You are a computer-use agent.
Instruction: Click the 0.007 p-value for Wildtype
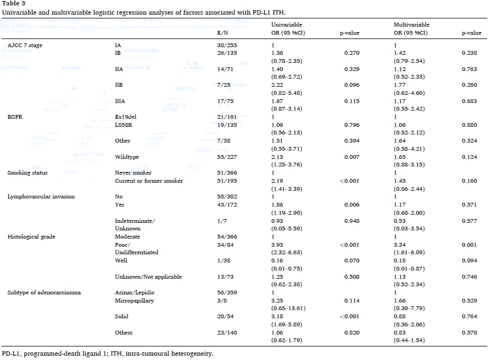(x=352, y=157)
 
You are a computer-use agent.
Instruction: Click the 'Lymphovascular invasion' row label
(x=41, y=196)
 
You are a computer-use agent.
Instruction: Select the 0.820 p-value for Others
(x=352, y=332)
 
